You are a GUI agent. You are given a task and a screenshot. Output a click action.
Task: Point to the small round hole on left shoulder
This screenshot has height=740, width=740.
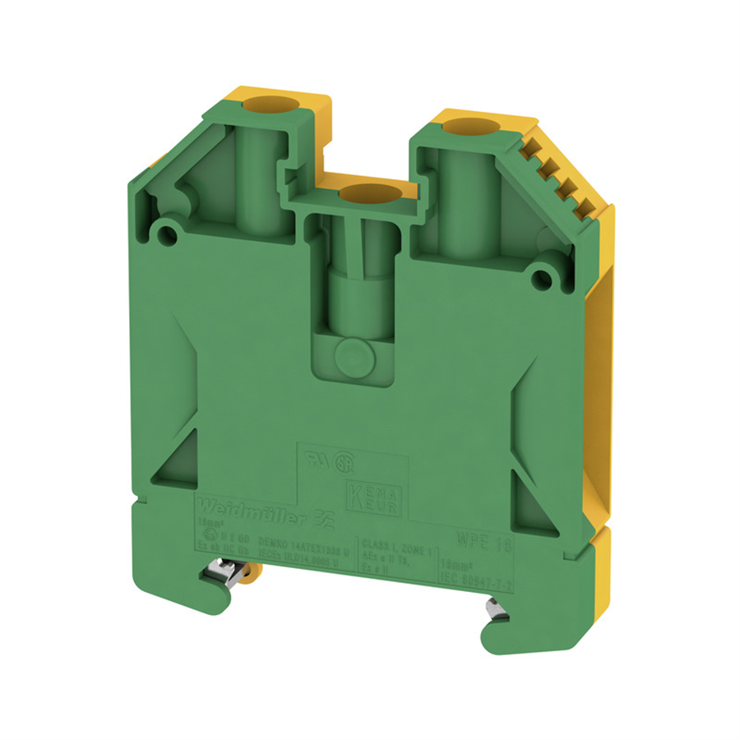(x=169, y=234)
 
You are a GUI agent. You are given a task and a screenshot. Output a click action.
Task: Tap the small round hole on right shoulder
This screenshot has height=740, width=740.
(x=541, y=280)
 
